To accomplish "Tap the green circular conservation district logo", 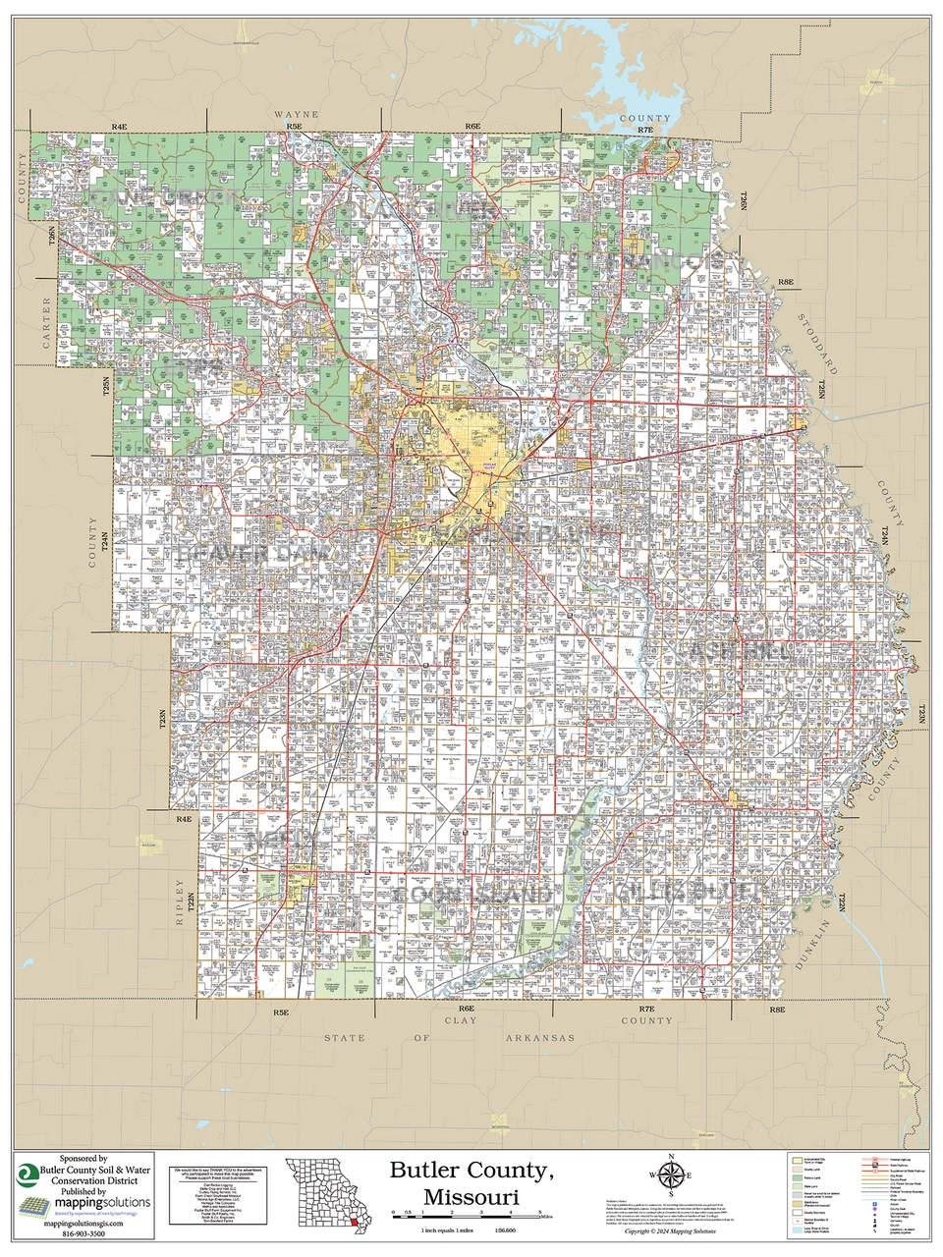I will tap(27, 1176).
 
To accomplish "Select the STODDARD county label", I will tap(816, 345).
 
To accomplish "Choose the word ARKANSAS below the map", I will tap(538, 1037).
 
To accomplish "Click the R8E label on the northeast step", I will tap(785, 283).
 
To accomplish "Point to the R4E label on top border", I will tap(120, 128).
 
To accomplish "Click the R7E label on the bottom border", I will tap(644, 1010).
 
